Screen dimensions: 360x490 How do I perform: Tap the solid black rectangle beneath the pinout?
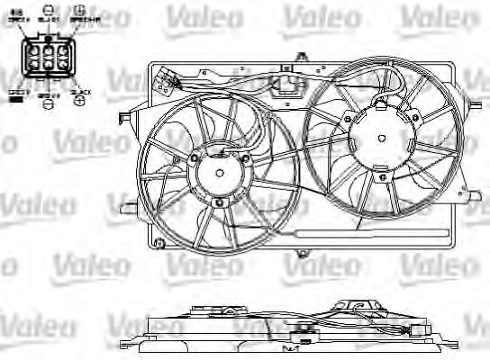[16, 100]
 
